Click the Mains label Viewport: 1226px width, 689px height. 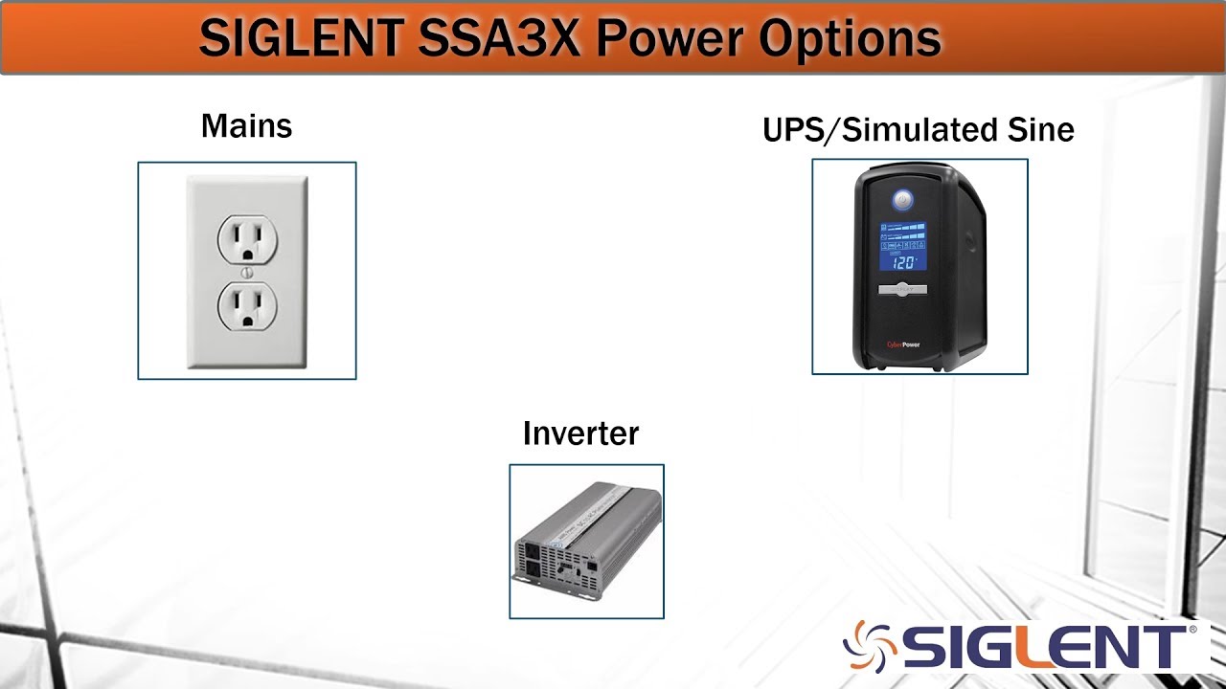tap(246, 126)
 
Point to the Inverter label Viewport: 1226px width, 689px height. tap(580, 433)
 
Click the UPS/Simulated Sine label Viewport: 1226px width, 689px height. tap(918, 129)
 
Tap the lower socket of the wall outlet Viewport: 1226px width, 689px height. tap(247, 307)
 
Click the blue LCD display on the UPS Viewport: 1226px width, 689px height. tap(902, 246)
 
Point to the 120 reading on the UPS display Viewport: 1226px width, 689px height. tap(903, 261)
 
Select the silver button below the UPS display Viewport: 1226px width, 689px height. tap(902, 289)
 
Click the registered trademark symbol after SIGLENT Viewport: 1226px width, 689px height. tap(1192, 631)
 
